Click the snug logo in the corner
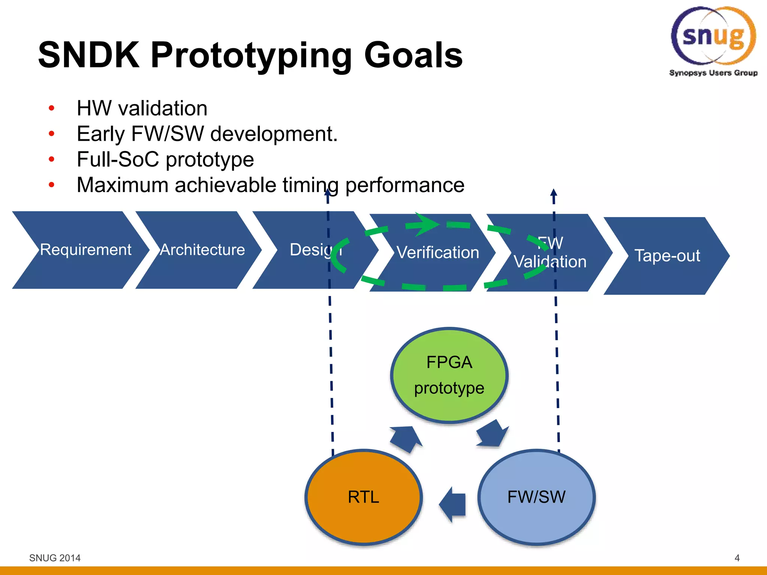(x=713, y=39)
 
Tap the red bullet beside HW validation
(x=52, y=109)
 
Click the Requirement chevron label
(x=85, y=250)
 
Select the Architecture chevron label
(x=202, y=250)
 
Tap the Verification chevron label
(x=437, y=253)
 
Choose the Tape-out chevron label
(x=667, y=256)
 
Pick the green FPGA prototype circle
(x=449, y=375)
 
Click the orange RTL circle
(x=363, y=497)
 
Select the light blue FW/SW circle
(x=536, y=497)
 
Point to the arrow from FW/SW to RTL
(x=453, y=504)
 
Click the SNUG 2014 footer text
(x=55, y=558)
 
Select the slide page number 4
(x=737, y=558)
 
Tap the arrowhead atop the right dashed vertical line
(x=554, y=193)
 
